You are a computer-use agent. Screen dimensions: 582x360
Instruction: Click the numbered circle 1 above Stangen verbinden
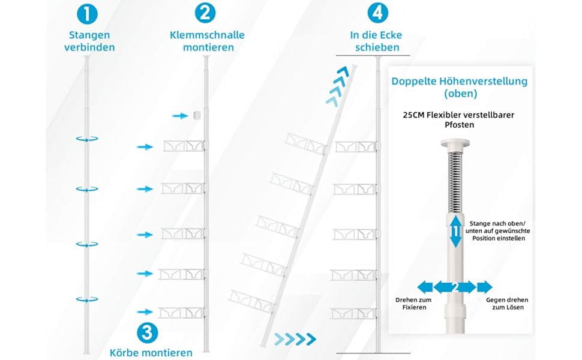87,14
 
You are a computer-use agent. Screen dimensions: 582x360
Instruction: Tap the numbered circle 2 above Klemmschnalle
205,13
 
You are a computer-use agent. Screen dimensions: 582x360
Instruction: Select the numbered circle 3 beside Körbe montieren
148,332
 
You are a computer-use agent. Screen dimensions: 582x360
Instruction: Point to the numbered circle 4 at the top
378,13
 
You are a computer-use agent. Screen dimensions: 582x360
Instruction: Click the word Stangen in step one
89,35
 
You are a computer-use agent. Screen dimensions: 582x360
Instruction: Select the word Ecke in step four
390,35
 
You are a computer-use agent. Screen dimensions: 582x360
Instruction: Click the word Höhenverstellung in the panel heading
483,81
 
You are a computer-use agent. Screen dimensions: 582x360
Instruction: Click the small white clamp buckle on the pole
197,115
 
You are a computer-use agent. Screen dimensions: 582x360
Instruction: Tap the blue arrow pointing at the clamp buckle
180,116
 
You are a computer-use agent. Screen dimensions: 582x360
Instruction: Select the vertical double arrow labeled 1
455,231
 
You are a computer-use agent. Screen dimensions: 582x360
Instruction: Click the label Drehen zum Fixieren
413,304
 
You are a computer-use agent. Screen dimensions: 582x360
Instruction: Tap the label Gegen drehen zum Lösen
507,304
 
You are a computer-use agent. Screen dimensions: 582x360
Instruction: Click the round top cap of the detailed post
455,143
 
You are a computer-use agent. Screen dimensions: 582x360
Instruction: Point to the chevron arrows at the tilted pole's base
295,339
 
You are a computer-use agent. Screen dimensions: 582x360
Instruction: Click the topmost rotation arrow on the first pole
87,139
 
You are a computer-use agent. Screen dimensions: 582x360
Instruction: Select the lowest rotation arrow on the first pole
87,299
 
